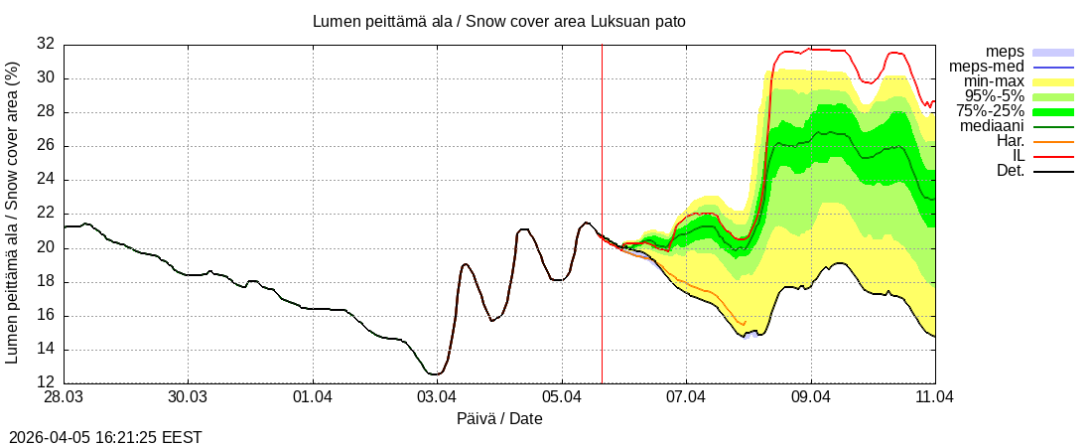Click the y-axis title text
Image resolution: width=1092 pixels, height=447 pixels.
12,212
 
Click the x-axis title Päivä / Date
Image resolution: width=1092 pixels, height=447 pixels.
498,419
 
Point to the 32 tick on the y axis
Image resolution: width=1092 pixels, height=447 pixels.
45,44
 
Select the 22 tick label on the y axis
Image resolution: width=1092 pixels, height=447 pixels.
45,214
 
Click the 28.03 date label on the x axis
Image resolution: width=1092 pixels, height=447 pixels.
65,397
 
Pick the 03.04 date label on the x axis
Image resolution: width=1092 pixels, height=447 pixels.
437,397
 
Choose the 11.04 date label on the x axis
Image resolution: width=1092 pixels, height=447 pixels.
935,397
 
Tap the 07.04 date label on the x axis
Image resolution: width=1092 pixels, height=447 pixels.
686,397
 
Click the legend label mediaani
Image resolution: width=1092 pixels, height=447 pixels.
992,126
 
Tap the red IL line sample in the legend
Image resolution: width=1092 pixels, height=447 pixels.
1053,156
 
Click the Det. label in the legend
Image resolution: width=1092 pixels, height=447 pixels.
1010,171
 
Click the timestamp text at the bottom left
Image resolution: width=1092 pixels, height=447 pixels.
105,437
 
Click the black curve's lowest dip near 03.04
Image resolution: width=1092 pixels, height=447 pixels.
434,373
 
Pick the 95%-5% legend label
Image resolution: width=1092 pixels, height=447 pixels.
995,96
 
